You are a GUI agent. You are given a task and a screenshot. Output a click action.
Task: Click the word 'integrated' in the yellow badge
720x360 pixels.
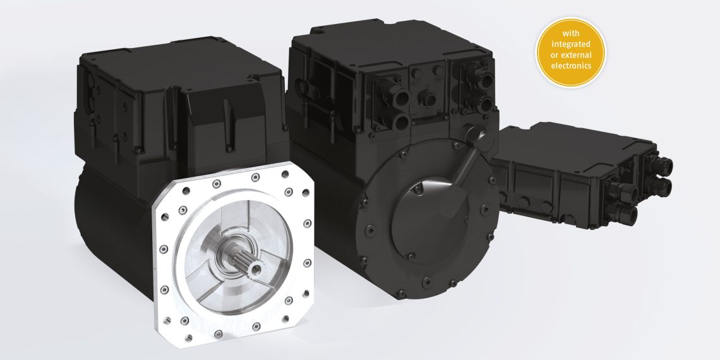(x=571, y=44)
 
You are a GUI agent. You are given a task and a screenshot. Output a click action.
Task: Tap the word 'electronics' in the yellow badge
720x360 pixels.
(x=571, y=66)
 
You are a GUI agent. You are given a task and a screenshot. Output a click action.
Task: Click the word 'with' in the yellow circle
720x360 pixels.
(x=571, y=33)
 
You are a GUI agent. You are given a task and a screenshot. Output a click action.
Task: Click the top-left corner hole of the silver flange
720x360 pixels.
(x=186, y=191)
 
